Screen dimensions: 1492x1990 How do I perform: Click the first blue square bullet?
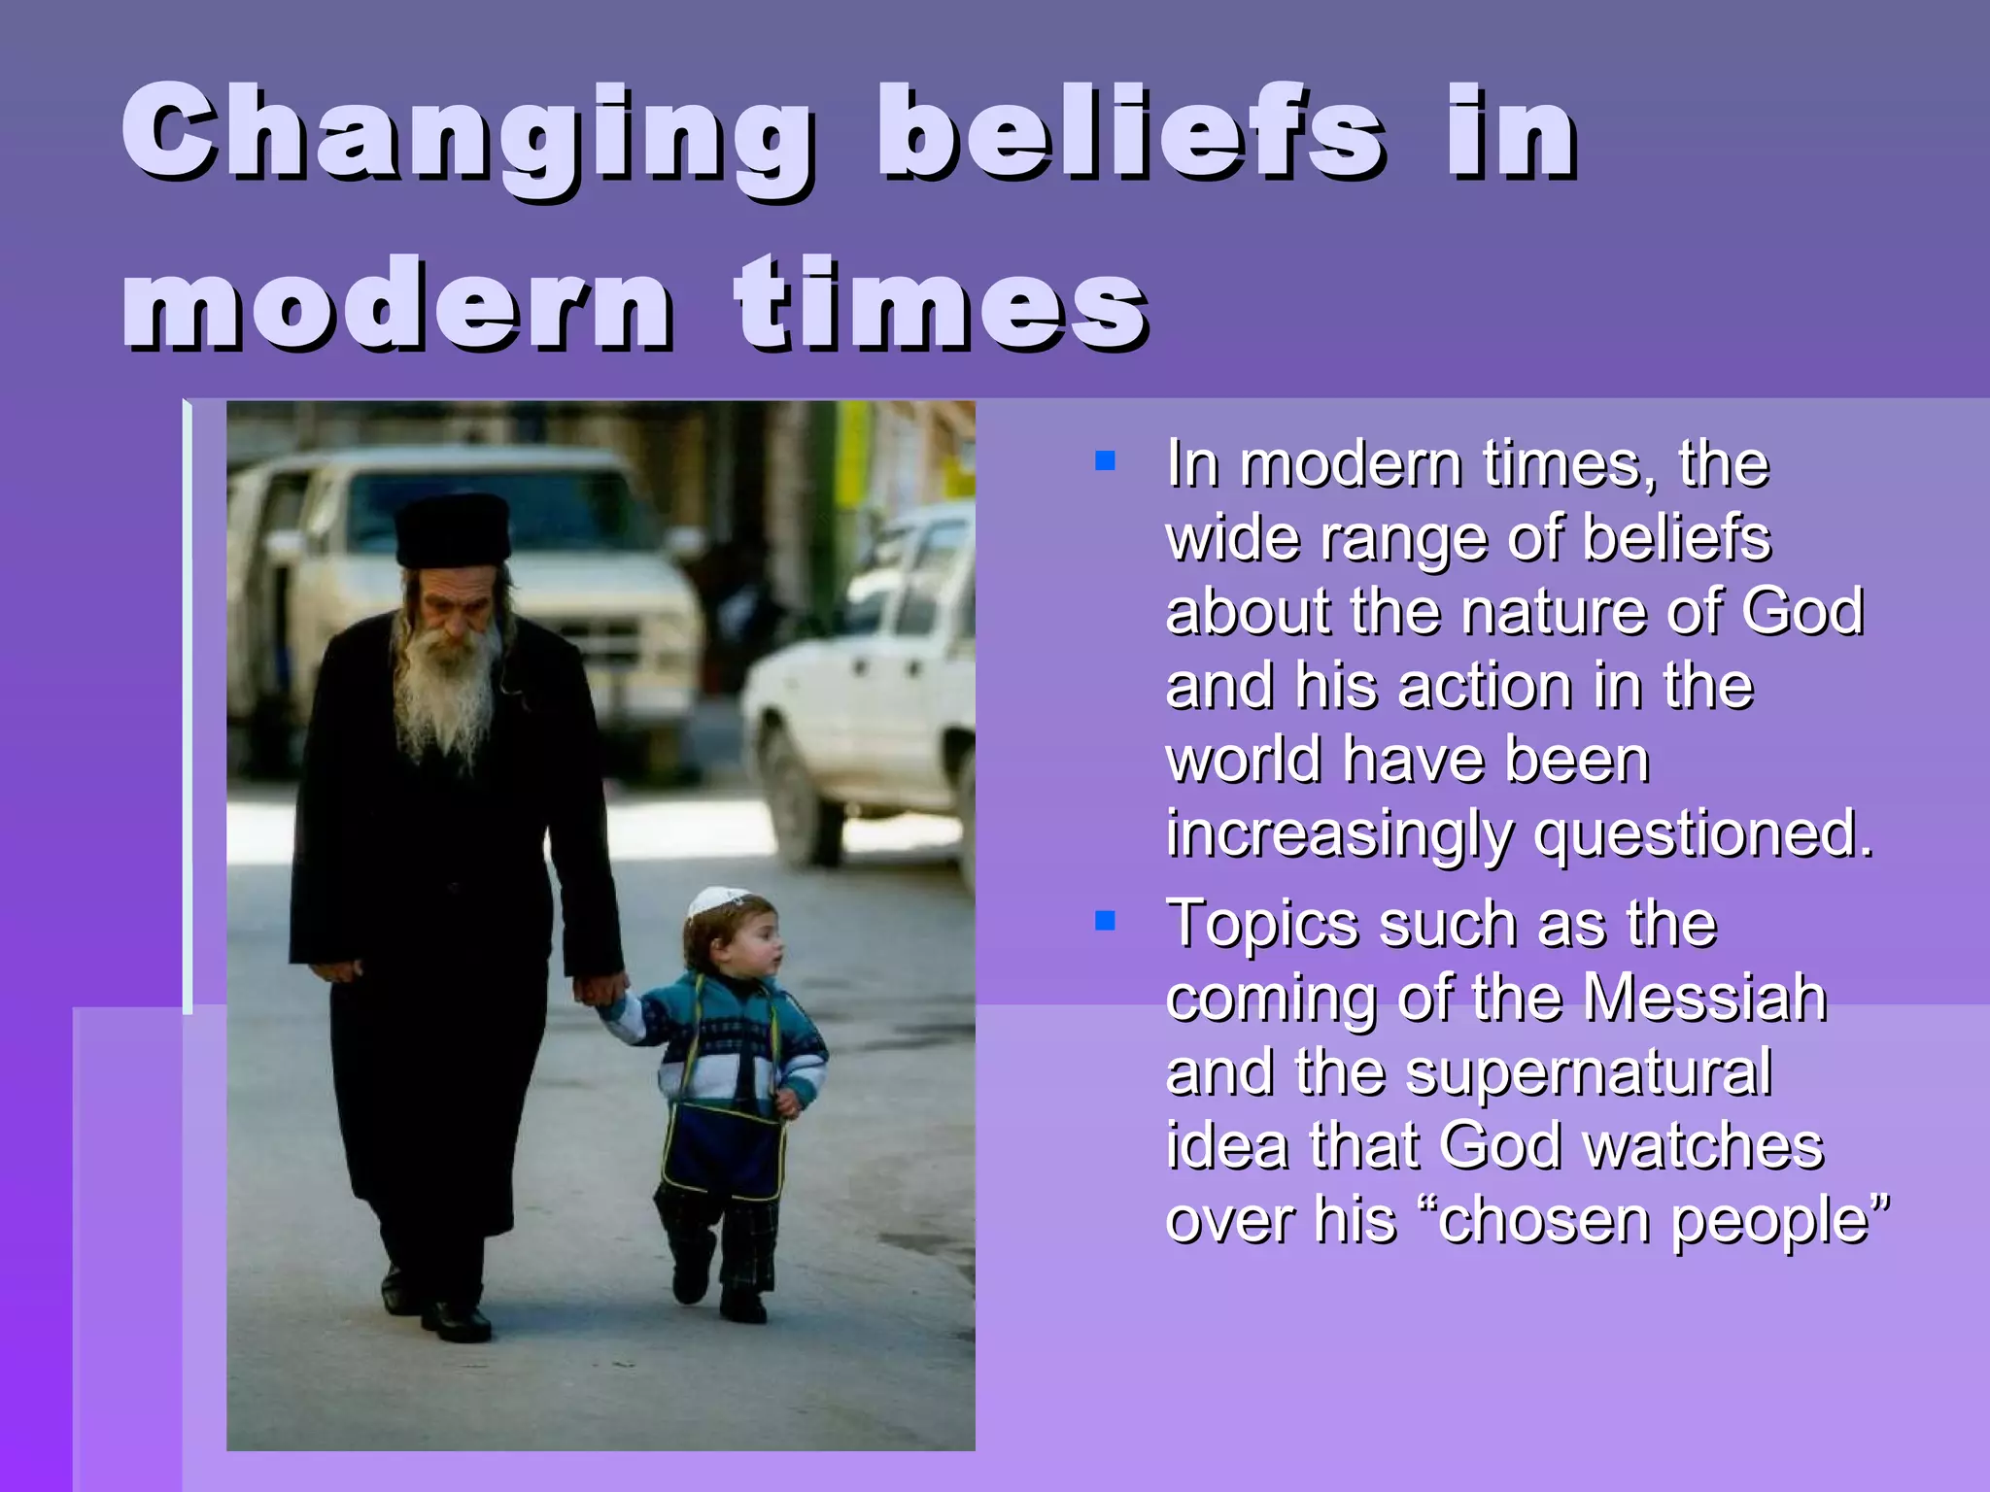(1105, 460)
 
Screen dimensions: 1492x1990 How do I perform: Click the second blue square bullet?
(1105, 919)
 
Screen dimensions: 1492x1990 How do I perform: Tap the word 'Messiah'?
(1704, 998)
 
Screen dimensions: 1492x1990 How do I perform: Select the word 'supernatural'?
(1589, 1071)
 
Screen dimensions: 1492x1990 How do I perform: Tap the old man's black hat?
(453, 529)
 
